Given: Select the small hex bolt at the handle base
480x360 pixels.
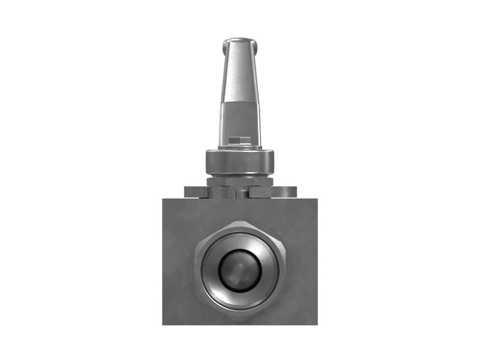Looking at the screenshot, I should click(240, 142).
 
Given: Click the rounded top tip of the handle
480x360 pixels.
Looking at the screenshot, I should click(240, 41).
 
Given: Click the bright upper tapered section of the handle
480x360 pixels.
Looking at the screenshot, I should click(240, 72).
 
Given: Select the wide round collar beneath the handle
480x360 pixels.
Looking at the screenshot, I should click(240, 161).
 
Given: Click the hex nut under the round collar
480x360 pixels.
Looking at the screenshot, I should click(240, 181).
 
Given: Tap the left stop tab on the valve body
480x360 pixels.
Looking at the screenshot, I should click(196, 192).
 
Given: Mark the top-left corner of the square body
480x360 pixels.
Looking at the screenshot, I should click(163, 198).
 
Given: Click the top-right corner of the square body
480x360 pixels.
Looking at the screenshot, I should click(317, 198).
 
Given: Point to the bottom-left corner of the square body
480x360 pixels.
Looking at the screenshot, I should click(163, 325).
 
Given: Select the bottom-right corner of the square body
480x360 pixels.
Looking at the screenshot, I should click(317, 325).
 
